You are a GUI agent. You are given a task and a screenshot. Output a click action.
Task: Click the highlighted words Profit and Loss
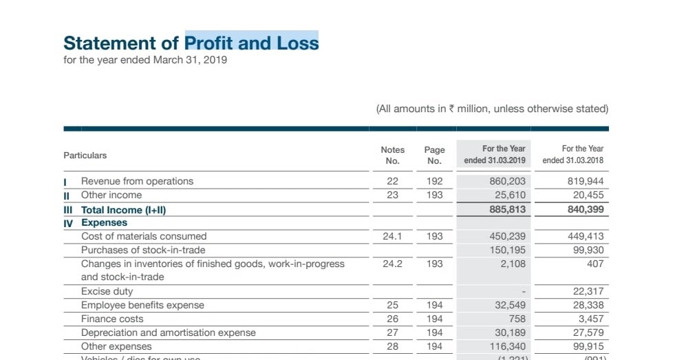252,42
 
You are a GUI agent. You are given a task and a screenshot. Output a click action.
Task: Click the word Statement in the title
111,43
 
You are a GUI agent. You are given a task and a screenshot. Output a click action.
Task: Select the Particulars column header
85,155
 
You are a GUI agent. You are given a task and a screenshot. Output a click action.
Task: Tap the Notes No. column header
392,155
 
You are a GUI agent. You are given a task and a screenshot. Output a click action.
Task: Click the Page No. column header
434,155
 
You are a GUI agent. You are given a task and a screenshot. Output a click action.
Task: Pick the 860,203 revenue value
507,181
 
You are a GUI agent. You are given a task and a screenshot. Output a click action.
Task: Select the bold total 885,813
507,209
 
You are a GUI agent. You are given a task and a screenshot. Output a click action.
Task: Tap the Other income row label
111,195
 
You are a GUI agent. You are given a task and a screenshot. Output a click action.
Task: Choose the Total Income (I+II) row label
124,209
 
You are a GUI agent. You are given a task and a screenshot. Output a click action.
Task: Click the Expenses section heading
104,222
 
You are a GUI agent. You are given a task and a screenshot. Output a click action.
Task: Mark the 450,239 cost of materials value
507,236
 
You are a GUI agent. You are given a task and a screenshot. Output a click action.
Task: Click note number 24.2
392,264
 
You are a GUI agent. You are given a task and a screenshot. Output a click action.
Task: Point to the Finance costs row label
112,319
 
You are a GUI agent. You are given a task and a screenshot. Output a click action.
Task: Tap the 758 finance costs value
517,319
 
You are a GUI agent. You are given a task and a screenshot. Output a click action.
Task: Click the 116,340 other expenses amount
507,346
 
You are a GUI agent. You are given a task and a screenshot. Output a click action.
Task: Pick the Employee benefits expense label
142,305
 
